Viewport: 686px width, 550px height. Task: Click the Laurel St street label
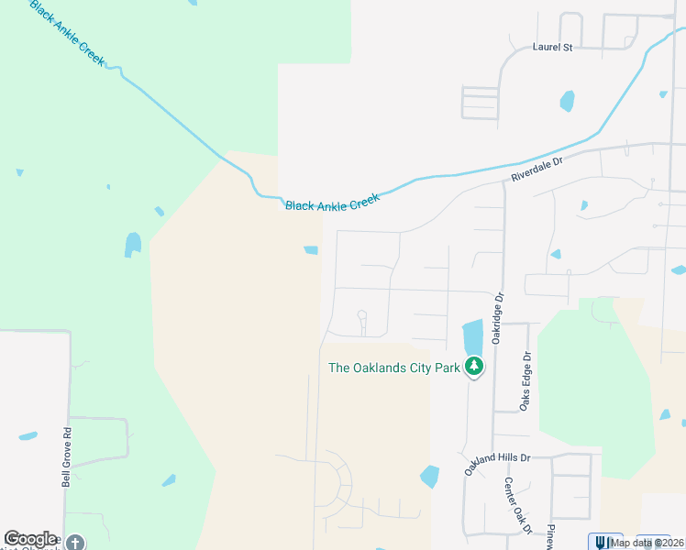tap(552, 47)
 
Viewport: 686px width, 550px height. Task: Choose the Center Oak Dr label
tap(516, 505)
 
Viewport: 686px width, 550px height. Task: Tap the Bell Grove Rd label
tap(66, 459)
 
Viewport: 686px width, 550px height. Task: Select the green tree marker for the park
tap(473, 368)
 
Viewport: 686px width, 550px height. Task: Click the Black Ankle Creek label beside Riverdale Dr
tap(332, 203)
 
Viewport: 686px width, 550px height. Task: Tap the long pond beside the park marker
tap(472, 336)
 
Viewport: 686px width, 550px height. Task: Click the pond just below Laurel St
tap(568, 100)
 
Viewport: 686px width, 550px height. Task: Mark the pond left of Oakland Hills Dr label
tap(429, 477)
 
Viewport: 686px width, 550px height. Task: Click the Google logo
tap(30, 539)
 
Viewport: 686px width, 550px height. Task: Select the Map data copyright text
tap(647, 543)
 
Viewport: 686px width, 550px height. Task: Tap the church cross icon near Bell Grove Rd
tap(75, 543)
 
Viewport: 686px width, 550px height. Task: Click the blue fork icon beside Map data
tap(601, 542)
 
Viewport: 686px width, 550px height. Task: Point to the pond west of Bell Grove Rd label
tap(28, 436)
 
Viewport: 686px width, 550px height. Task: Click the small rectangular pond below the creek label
tap(312, 250)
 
